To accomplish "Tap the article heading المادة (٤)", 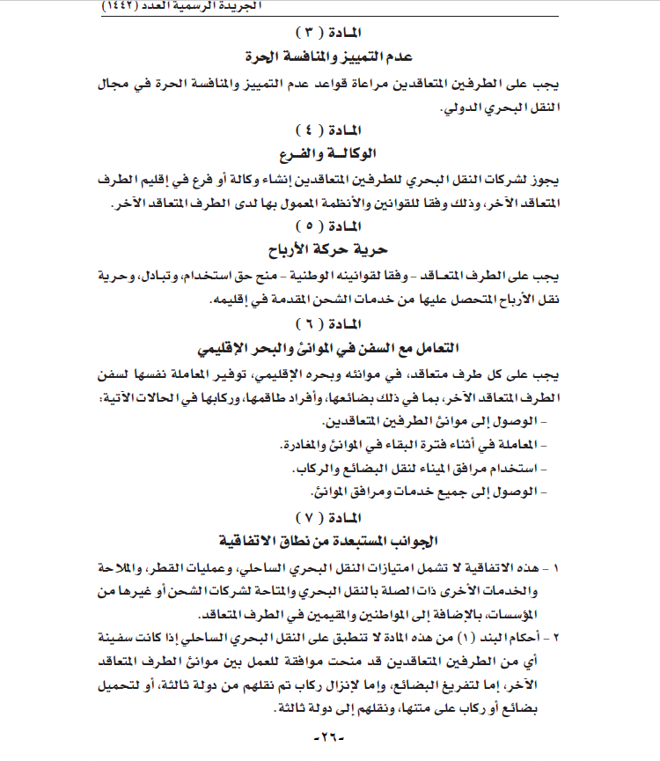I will (x=329, y=129).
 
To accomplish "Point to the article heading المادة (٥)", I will (x=329, y=225).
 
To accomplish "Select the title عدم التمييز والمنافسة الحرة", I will (x=329, y=58).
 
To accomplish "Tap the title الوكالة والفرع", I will (x=329, y=153).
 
